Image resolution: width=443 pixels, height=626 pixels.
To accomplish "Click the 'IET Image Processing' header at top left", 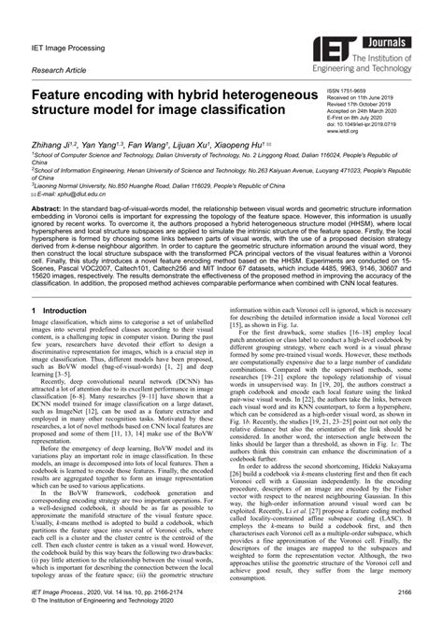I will (x=68, y=42).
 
